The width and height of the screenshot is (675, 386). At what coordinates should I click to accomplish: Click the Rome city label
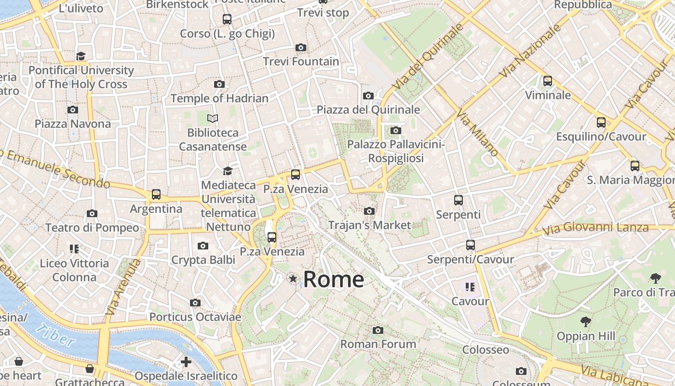point(333,279)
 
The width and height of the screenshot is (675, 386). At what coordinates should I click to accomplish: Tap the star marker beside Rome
point(293,278)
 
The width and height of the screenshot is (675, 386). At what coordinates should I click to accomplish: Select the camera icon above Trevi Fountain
point(301,47)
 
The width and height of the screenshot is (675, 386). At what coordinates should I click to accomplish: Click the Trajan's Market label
point(369,225)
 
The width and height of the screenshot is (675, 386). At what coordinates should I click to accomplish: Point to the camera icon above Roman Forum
point(378,330)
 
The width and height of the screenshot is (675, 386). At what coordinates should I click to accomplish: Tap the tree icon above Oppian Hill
point(586,321)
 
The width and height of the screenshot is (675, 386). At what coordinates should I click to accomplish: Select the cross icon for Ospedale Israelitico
point(186,362)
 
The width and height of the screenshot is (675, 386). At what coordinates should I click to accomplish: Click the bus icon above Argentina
point(156,194)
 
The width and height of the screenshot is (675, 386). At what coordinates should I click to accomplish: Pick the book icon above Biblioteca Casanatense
point(213,118)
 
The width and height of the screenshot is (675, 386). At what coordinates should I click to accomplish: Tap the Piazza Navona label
point(73,124)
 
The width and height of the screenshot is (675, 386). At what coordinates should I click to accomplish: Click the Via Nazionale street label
point(531,51)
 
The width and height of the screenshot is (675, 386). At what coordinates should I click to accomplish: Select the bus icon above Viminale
point(548,81)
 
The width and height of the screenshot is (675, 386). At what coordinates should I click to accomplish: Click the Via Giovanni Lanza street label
point(595,228)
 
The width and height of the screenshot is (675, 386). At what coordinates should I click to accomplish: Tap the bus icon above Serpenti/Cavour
point(471,245)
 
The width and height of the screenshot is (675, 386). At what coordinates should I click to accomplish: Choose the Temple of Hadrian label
point(219,98)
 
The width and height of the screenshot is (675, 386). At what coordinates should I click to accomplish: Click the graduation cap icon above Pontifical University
point(81,56)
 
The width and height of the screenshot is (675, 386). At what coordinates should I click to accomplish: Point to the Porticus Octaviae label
point(195,317)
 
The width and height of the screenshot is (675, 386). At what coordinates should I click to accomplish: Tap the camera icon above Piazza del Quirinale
point(368,96)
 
